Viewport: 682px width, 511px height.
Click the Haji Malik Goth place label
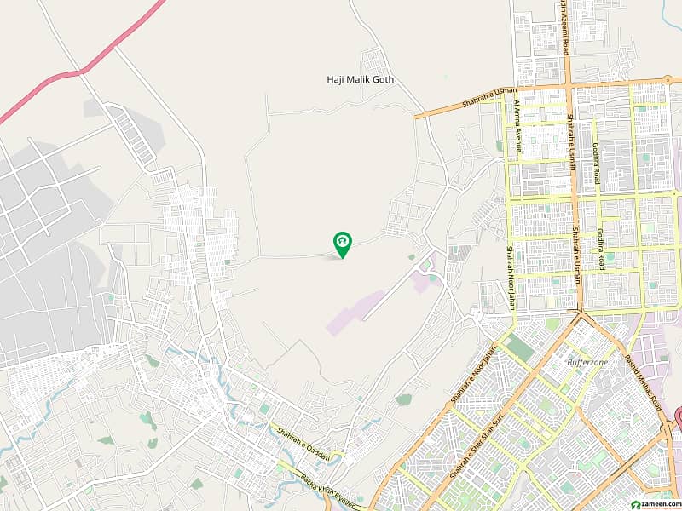click(x=361, y=80)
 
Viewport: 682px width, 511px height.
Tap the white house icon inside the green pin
click(x=342, y=242)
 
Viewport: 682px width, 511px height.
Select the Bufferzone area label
click(x=586, y=362)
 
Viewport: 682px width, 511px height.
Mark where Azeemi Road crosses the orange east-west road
click(x=567, y=88)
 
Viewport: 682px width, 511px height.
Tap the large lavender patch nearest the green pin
click(x=354, y=312)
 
